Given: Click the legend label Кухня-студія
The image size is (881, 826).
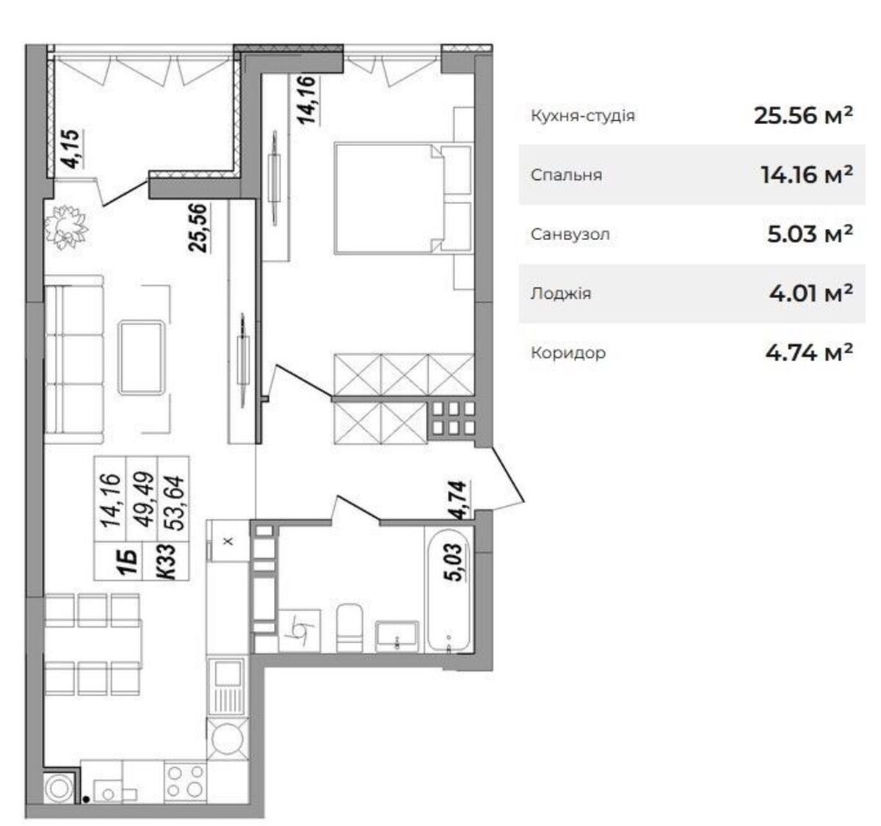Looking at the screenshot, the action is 582,116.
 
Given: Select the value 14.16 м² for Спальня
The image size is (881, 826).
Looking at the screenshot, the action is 806,175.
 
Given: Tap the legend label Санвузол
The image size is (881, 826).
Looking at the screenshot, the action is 570,234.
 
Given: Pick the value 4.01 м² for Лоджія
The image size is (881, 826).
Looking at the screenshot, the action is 811,294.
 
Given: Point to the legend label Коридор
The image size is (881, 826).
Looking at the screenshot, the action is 568,353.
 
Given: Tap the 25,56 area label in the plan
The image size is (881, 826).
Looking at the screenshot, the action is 197,228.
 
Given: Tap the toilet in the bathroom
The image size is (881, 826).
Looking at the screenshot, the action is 349,628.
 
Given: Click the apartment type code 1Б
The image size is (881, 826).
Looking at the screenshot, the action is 129,561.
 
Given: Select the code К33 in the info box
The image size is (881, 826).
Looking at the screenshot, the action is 168,562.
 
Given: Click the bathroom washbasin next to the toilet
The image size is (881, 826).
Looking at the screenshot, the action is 396,637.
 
